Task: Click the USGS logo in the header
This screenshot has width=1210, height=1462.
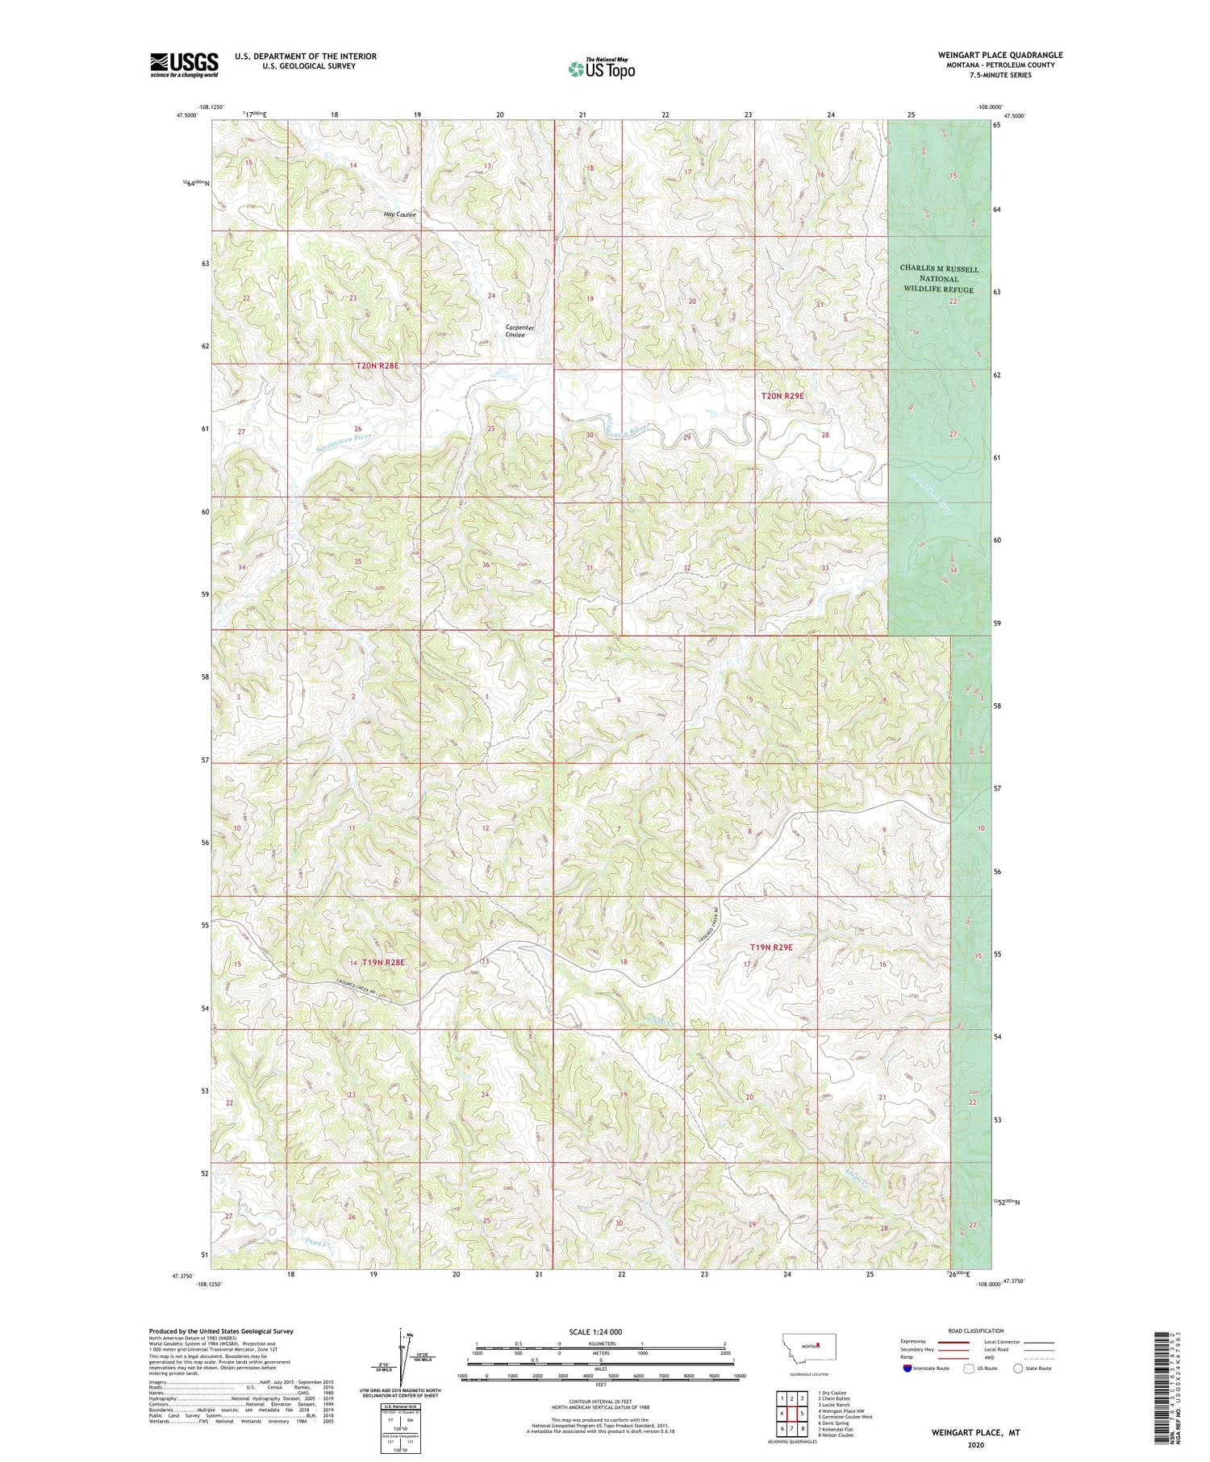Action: coord(184,65)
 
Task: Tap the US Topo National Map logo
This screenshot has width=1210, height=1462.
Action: coord(601,69)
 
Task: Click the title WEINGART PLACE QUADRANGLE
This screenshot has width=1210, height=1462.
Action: coord(1000,55)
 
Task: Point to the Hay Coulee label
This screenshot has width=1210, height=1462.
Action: coord(399,215)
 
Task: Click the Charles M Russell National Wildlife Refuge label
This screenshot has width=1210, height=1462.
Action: coord(939,279)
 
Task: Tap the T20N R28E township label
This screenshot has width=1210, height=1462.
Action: coord(378,366)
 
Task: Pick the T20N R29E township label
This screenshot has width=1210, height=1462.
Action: coord(782,396)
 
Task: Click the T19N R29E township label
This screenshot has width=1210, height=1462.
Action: coord(771,948)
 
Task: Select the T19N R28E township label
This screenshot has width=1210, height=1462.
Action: coord(382,962)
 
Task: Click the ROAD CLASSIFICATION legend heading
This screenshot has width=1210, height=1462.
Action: coord(976,1331)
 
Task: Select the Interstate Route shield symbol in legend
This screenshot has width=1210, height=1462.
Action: coord(907,1368)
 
